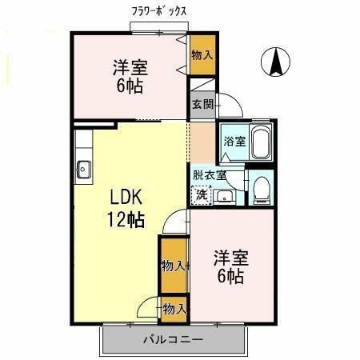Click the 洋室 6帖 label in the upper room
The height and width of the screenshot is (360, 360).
(128, 77)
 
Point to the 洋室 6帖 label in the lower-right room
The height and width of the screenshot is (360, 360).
(230, 267)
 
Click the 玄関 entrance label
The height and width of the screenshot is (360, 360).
(202, 103)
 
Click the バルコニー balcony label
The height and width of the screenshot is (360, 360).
(173, 339)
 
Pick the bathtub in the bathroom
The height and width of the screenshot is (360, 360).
(260, 143)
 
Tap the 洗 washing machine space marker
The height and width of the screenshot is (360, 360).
(202, 193)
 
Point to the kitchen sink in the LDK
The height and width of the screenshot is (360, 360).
(83, 169)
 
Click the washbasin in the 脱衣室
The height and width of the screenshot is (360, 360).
(224, 194)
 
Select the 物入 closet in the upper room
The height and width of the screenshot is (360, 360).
(202, 54)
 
